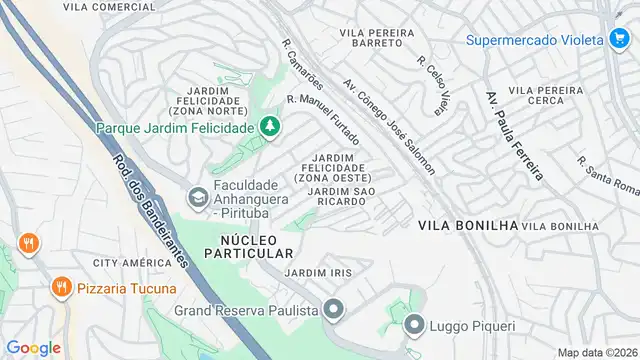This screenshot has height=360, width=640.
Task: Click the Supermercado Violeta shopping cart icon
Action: (x=619, y=39)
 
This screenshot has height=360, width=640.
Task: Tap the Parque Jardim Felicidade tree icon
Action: (x=268, y=127)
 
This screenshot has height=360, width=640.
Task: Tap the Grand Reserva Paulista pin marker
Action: (x=334, y=308)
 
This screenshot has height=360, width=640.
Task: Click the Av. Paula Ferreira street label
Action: (x=514, y=136)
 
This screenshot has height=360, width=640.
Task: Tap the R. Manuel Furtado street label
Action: (x=323, y=117)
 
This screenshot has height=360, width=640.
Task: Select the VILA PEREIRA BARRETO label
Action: (x=377, y=39)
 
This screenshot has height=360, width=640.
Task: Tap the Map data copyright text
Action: (x=597, y=352)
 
